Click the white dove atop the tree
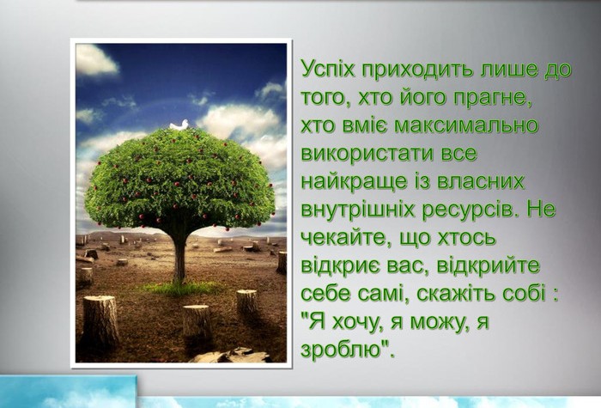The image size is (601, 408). tap(179, 125)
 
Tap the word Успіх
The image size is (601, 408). tap(328, 70)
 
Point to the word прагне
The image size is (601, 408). tap(494, 99)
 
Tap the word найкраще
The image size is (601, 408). tap(354, 182)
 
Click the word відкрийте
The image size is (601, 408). tap(488, 266)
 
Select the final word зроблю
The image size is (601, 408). tap(342, 350)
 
